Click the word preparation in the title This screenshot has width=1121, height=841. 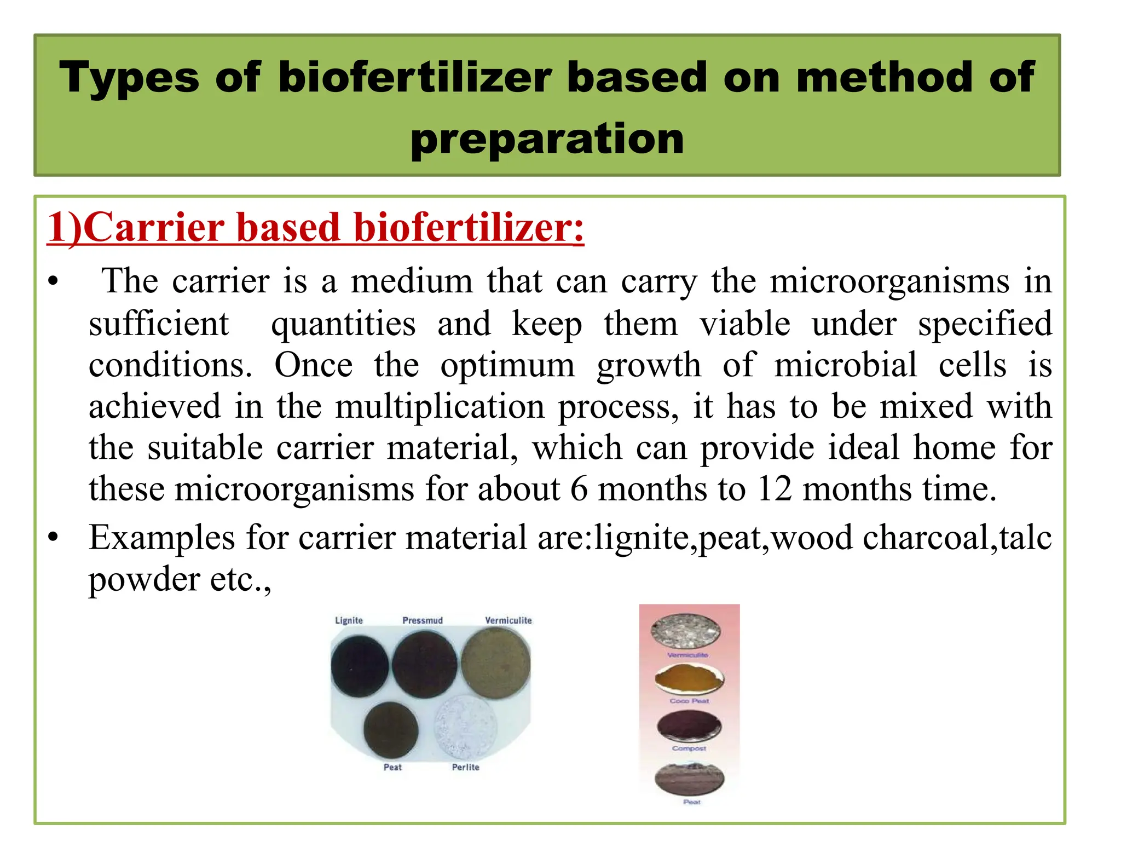coord(547,139)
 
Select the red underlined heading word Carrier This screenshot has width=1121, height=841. coord(153,228)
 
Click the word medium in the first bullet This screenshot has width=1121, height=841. coord(412,281)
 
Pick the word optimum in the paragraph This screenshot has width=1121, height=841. coord(507,366)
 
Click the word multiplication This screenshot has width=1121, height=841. coord(440,407)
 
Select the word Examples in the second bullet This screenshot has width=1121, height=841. coord(162,538)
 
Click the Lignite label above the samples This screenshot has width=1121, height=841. coord(349,620)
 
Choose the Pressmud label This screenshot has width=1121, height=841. coord(423,620)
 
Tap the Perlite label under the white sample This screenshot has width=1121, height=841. coord(465,767)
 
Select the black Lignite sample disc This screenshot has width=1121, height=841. coord(360,666)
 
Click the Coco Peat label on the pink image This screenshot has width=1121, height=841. coord(689,701)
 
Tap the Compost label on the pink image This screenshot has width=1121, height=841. coord(689,748)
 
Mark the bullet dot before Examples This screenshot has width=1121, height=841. coord(53,538)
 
